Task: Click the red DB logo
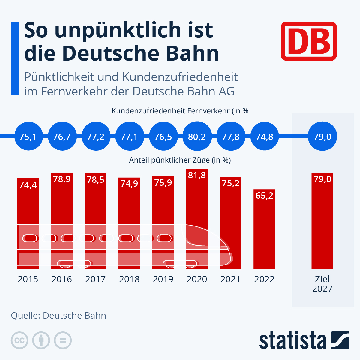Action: tap(309, 41)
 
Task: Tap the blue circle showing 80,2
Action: tap(197, 136)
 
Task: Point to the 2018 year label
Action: tap(129, 279)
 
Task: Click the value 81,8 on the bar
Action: tap(197, 175)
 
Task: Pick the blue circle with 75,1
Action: tap(28, 136)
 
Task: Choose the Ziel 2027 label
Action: tap(322, 284)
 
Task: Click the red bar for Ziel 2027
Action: tap(322, 225)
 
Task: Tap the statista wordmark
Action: tap(292, 341)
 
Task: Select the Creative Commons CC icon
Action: tap(19, 340)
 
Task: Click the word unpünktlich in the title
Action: tap(118, 31)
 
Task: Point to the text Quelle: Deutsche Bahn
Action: tap(58, 316)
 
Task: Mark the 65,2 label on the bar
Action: tap(264, 196)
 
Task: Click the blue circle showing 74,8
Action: tap(264, 136)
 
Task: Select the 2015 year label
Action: tap(28, 279)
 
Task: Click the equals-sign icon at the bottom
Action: tap(63, 340)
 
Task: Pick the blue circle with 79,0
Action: tap(322, 136)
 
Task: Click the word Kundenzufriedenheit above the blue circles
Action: tap(148, 111)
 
